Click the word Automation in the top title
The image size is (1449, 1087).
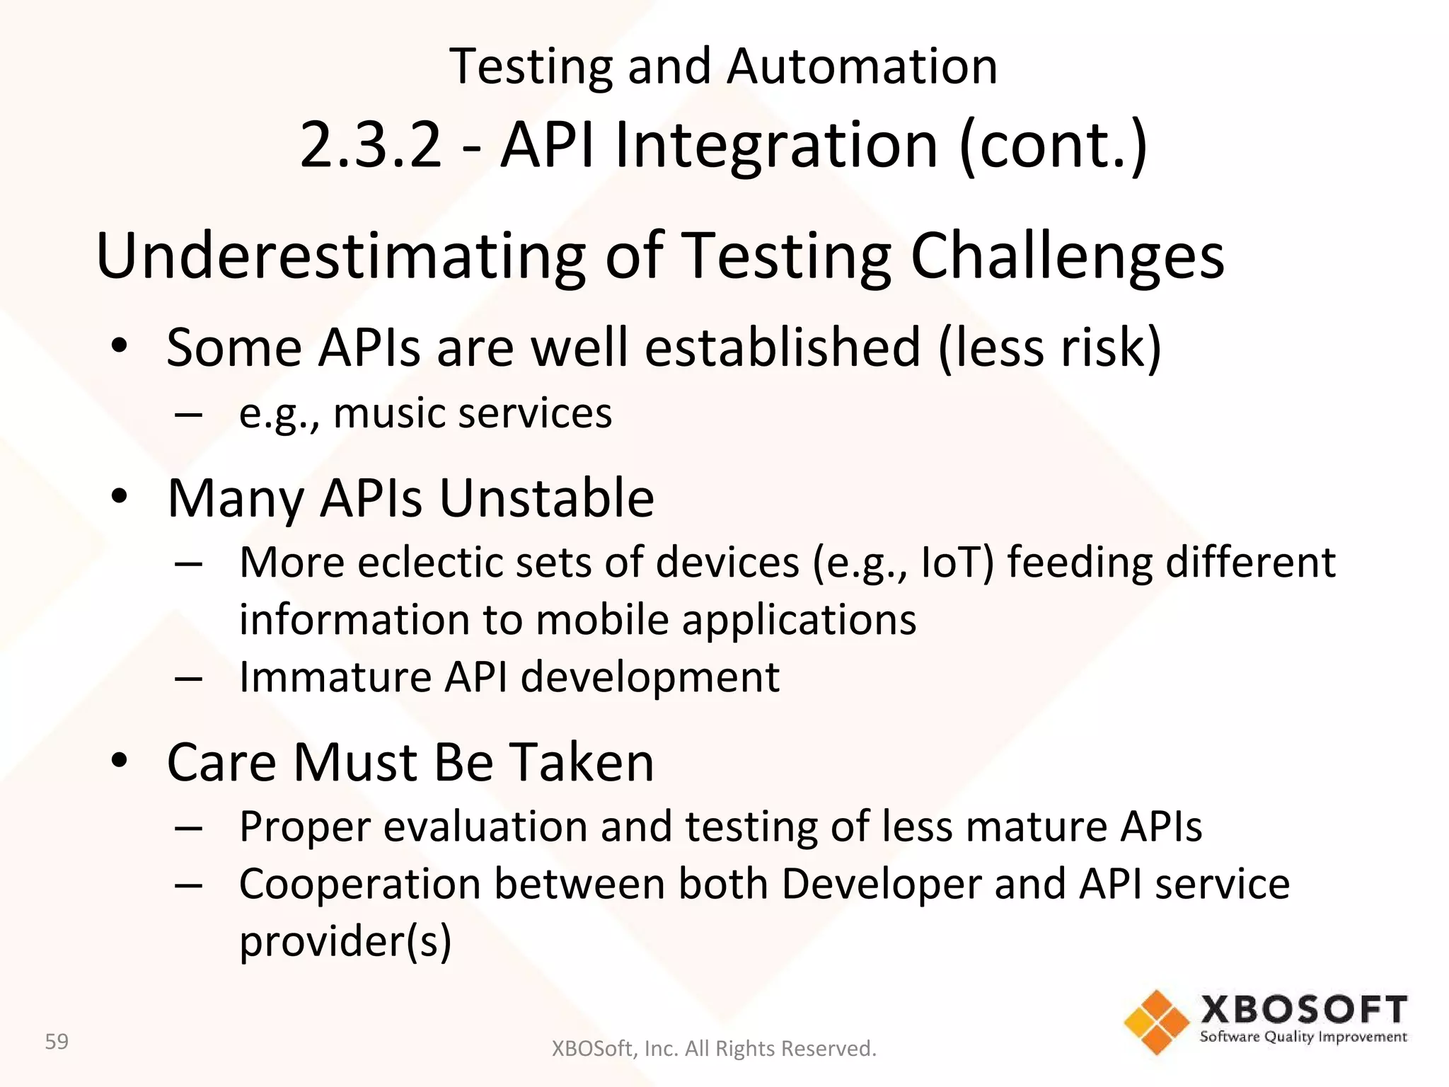tap(862, 67)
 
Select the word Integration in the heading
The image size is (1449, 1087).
tap(776, 145)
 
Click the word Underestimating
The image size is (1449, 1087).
tap(340, 256)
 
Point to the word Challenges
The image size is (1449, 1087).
tap(1067, 256)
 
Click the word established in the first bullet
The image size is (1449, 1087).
tap(783, 347)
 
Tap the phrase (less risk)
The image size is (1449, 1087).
tap(1049, 347)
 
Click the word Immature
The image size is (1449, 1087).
tap(335, 677)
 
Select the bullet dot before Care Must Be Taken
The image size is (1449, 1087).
tap(119, 761)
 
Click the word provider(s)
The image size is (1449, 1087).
tap(345, 942)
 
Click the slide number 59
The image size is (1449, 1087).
tap(57, 1042)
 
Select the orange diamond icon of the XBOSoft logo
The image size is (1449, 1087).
tap(1156, 1022)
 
